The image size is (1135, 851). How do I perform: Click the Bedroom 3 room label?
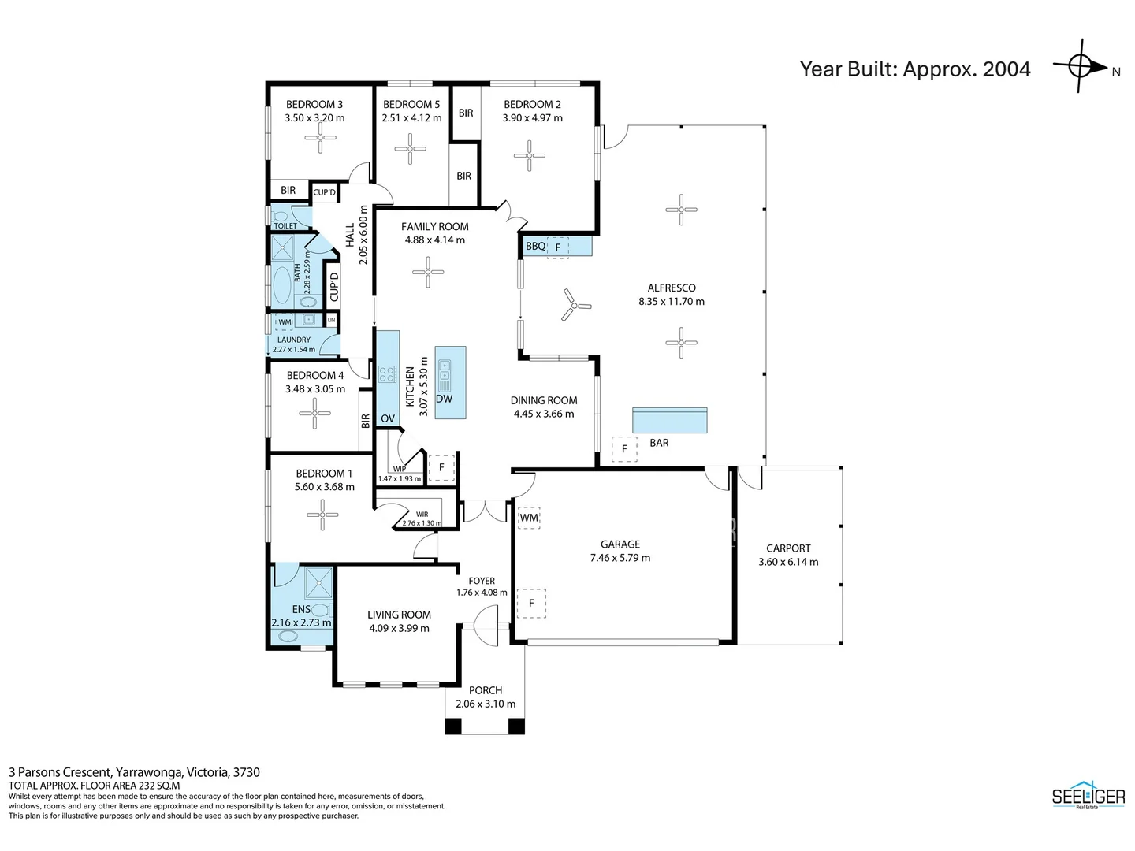314,104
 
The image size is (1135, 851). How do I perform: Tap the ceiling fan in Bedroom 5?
410,148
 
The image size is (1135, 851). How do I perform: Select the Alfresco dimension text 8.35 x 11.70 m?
672,301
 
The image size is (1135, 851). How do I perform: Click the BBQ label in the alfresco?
535,247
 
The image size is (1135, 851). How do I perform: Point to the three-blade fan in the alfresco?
575,305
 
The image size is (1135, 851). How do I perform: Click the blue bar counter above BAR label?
669,421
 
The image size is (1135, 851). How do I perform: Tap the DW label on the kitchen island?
444,399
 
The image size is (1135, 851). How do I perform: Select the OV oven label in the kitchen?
387,418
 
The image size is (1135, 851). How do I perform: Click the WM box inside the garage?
529,518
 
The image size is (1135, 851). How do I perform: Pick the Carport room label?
788,548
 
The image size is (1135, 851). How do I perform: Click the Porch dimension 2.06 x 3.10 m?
486,704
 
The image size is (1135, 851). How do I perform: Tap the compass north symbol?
1082,66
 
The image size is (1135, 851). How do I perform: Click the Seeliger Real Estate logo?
1088,797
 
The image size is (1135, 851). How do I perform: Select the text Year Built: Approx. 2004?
915,69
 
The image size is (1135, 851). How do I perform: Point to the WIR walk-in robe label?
422,515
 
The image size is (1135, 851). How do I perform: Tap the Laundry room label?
293,340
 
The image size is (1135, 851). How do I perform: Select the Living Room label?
399,615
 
